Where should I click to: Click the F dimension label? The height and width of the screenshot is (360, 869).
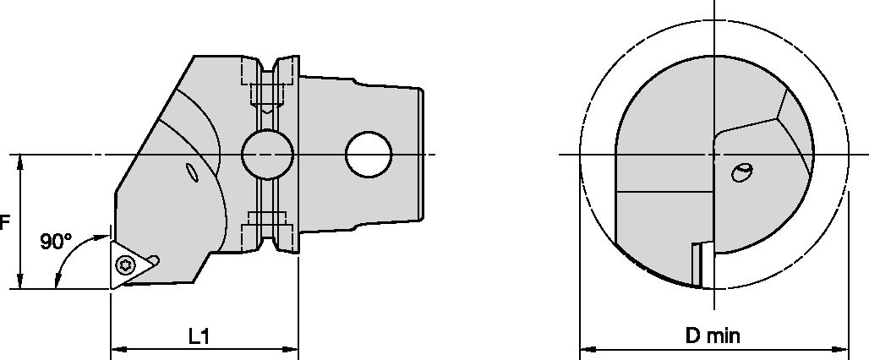click(x=4, y=223)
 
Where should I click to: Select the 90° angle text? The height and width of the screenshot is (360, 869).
click(x=55, y=243)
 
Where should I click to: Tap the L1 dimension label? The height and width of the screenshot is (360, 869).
click(x=199, y=336)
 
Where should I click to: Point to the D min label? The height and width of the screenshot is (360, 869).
click(x=712, y=336)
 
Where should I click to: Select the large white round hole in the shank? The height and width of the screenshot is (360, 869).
click(x=369, y=155)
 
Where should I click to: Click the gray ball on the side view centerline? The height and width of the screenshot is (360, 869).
click(x=267, y=155)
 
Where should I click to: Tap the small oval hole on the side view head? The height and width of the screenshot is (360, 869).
click(x=192, y=173)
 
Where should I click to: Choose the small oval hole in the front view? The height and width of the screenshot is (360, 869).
click(x=741, y=172)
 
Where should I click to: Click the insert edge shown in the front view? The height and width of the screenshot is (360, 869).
click(x=698, y=264)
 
